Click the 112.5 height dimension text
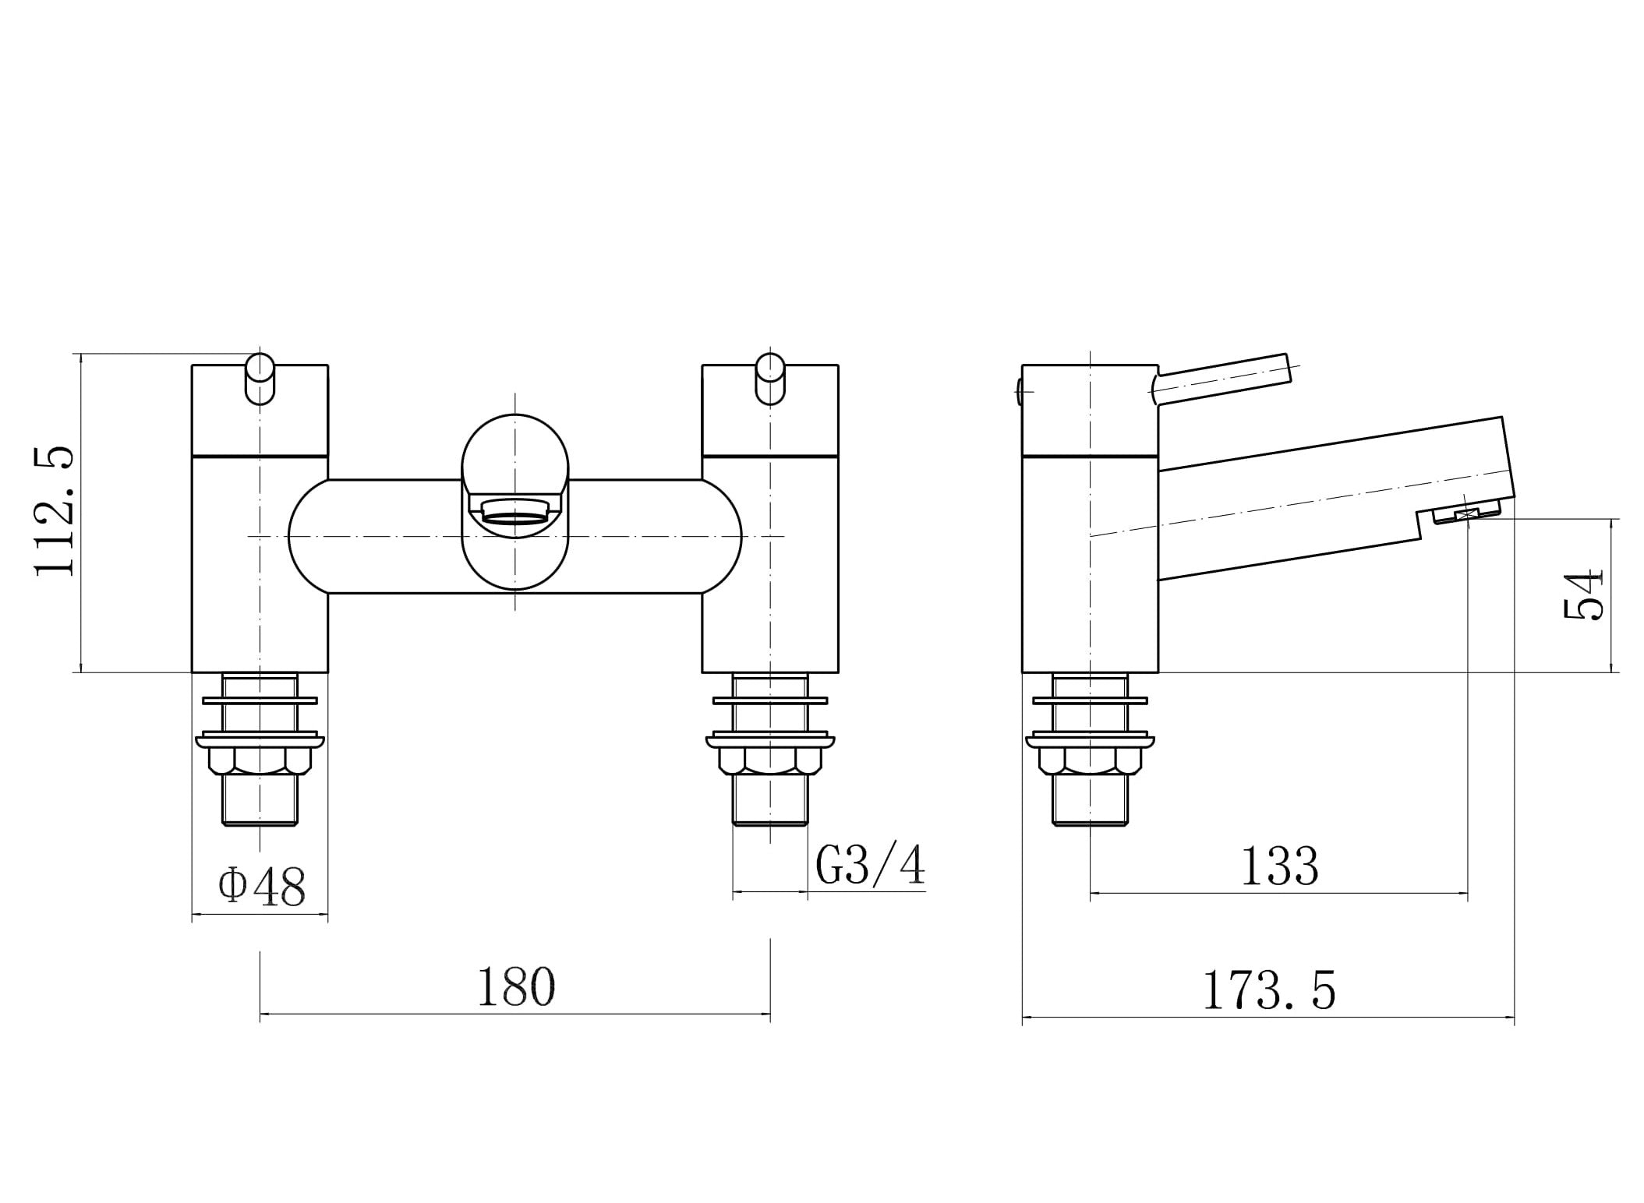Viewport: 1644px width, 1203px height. click(x=55, y=511)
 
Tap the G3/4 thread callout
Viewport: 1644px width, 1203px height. click(x=870, y=866)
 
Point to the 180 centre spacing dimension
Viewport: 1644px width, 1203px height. click(x=515, y=987)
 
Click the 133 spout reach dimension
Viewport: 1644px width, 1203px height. click(x=1279, y=866)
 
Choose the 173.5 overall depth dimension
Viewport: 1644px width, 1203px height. click(x=1269, y=991)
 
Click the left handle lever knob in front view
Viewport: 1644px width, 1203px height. click(x=260, y=379)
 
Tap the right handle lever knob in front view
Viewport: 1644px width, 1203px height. click(x=770, y=379)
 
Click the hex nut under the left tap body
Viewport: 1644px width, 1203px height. click(x=260, y=760)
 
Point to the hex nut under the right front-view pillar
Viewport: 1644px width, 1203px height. click(x=770, y=760)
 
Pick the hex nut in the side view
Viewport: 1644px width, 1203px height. click(x=1089, y=760)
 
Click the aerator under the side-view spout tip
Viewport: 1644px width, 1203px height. click(x=1466, y=513)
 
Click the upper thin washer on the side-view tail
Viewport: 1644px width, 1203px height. click(x=1089, y=700)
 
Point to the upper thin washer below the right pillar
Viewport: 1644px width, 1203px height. click(x=770, y=700)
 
